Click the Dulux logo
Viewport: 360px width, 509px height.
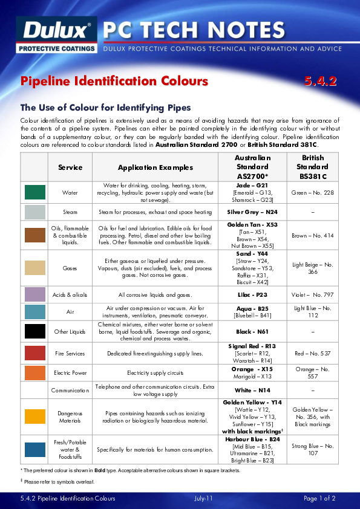tap(58, 32)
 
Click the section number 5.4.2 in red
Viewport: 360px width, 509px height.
tap(320, 81)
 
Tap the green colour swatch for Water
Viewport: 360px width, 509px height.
tap(35, 192)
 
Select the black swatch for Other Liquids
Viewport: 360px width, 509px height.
tap(35, 331)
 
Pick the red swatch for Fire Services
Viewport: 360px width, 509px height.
tap(35, 353)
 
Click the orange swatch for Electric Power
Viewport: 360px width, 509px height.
tap(35, 372)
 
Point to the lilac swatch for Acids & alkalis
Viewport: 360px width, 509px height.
tap(35, 294)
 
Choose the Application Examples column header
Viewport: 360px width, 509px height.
tap(155, 167)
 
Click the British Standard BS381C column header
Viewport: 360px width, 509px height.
tap(312, 167)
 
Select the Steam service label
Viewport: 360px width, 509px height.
tap(70, 212)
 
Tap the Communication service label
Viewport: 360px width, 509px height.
tap(70, 391)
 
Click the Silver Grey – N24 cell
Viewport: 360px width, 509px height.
tap(252, 212)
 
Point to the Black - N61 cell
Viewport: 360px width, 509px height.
tap(252, 331)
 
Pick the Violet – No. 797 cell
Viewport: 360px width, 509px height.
tap(312, 294)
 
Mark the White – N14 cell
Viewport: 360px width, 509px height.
tap(252, 391)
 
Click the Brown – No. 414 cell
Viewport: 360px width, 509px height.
tap(312, 235)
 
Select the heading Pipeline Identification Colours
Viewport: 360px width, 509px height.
tap(114, 81)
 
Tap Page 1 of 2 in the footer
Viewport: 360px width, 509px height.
tap(319, 499)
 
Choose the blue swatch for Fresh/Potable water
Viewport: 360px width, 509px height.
tap(35, 449)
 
